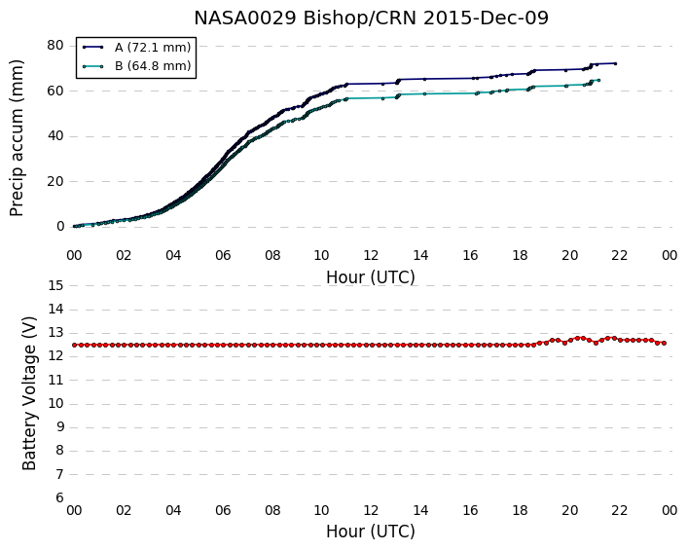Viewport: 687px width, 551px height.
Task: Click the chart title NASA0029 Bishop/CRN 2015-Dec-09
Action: pos(371,18)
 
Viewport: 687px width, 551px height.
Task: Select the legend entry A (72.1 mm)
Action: pos(153,48)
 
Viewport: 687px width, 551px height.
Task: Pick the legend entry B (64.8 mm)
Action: pos(153,66)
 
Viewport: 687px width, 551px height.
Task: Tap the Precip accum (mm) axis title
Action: pos(17,138)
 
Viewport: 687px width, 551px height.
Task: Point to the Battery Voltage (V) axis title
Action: pos(29,393)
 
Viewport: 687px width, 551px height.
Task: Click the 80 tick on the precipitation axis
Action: pos(55,46)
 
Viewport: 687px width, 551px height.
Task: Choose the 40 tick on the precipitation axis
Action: pos(55,136)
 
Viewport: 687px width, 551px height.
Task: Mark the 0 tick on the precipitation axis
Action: pos(60,227)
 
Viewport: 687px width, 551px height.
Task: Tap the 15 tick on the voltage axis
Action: pos(55,286)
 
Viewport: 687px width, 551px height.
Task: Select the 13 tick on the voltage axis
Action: pos(55,333)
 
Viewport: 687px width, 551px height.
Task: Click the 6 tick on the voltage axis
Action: pos(59,498)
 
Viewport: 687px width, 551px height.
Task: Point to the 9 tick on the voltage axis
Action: pos(59,427)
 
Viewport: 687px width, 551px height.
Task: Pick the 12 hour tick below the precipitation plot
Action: pos(371,255)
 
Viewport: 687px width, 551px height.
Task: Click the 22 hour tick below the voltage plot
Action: pos(620,511)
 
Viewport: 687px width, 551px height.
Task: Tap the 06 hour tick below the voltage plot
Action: pos(223,511)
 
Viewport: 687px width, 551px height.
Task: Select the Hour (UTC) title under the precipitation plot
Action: pos(371,277)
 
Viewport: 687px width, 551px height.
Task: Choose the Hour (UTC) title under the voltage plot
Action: pos(371,532)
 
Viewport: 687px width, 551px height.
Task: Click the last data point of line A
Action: pos(615,63)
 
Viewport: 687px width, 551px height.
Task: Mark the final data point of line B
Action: pos(598,80)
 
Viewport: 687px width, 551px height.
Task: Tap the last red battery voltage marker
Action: pos(665,344)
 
